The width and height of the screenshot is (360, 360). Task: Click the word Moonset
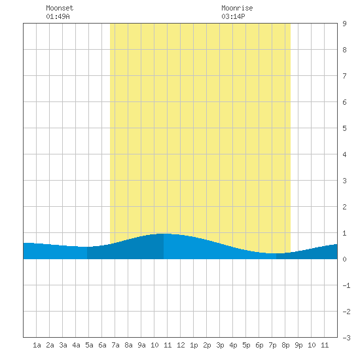click(x=60, y=8)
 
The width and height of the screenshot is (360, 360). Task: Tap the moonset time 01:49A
click(x=58, y=16)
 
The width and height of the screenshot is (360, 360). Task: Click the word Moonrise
click(x=237, y=8)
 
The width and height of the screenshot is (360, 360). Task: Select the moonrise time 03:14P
click(x=233, y=16)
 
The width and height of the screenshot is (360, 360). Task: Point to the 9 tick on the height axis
click(x=344, y=24)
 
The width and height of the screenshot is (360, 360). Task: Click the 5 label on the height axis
click(x=344, y=128)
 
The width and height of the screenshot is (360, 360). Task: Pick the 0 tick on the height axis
click(x=344, y=259)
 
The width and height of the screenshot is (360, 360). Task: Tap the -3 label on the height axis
click(x=346, y=338)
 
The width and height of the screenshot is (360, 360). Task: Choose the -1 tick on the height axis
click(x=346, y=285)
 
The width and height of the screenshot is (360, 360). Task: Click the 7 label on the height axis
click(x=344, y=76)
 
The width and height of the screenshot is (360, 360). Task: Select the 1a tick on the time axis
click(x=37, y=345)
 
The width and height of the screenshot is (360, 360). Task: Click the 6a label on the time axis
click(x=102, y=345)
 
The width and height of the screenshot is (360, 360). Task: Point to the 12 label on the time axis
click(x=181, y=345)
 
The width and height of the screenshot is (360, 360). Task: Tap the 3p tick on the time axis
click(x=220, y=345)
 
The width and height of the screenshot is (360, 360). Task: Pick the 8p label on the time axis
click(x=285, y=345)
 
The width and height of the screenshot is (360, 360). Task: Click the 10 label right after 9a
click(x=154, y=345)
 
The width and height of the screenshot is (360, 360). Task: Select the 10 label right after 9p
click(x=312, y=345)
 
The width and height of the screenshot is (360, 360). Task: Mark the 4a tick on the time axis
click(x=76, y=345)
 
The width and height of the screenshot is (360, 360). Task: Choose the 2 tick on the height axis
click(x=344, y=207)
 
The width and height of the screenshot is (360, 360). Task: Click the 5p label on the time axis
click(x=246, y=345)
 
